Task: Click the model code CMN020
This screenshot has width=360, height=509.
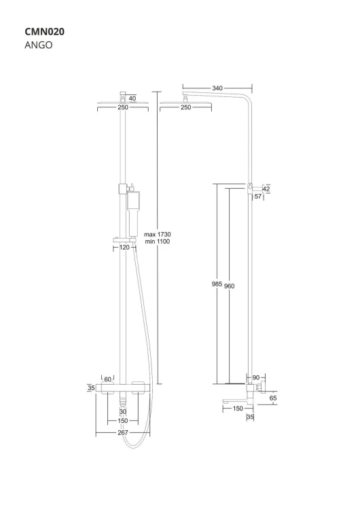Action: coord(45,31)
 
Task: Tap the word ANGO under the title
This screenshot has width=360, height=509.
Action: coord(38,45)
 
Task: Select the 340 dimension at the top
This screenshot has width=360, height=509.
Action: coord(217,88)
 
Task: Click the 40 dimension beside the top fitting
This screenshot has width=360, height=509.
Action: coord(132,98)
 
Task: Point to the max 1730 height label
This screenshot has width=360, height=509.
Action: coord(158,234)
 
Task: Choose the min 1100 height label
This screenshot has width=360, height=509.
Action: coord(158,242)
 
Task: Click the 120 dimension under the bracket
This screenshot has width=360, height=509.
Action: coord(124,248)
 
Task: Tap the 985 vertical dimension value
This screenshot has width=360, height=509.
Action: coord(217,284)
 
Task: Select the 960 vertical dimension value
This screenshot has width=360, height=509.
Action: coord(229,286)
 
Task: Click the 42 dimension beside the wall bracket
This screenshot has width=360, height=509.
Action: coord(266,189)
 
